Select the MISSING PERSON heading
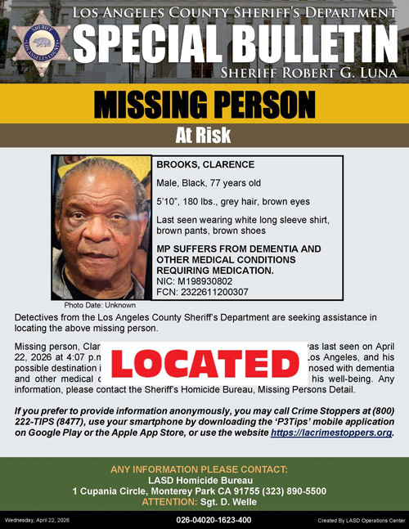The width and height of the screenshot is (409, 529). [204, 105]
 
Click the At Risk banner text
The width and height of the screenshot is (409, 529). [204, 137]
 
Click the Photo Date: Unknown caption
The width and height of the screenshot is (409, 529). [100, 305]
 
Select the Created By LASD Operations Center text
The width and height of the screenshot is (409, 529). [360, 520]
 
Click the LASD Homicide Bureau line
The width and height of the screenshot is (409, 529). [204, 480]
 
